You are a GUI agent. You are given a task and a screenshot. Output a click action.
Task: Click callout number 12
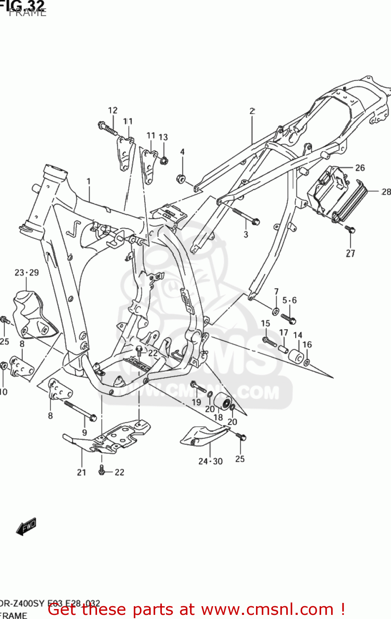[x=113, y=110]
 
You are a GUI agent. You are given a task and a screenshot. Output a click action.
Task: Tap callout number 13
[x=163, y=137]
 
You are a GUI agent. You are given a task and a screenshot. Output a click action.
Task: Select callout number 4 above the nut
[x=182, y=152]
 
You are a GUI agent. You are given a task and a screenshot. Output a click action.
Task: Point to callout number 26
[x=360, y=168]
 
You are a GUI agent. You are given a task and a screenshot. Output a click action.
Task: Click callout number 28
[x=386, y=191]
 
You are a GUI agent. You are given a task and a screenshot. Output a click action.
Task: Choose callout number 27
[x=351, y=253]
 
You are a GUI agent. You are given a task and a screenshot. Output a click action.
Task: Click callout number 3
[x=246, y=234]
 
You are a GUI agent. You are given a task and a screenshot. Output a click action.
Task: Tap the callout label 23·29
[x=27, y=272]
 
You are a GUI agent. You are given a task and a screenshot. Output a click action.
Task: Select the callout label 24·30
[x=210, y=461]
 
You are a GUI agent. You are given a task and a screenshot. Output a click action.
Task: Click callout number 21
[x=82, y=472]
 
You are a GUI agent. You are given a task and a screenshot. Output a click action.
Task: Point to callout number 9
[x=85, y=432]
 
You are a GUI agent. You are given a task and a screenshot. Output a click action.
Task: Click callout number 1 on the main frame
[x=88, y=181]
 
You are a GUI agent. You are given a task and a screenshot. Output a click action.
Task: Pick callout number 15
[x=265, y=324]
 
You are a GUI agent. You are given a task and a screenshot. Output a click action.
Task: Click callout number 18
[x=218, y=417]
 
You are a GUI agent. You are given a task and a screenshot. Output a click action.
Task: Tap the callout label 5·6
[x=289, y=300]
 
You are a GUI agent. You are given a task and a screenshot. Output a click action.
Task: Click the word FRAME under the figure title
[x=27, y=12]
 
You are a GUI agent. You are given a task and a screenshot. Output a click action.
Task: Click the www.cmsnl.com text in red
[x=269, y=609]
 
